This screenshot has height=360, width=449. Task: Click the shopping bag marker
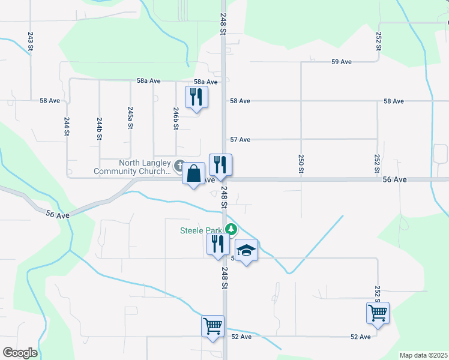coord(194,175)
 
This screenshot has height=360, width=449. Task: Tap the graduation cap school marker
coord(246,250)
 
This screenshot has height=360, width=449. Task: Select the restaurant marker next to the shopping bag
coord(220,166)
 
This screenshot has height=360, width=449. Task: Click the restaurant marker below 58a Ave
coord(196,97)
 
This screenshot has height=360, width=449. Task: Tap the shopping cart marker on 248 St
coord(213,327)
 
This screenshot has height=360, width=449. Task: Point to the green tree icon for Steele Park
coord(231,229)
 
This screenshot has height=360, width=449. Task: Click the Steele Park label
coord(202,230)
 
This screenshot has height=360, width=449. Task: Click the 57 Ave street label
coord(240,139)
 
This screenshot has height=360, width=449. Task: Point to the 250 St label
coord(300,164)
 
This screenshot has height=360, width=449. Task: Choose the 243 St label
coord(30,37)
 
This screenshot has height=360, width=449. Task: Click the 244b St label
coord(100,129)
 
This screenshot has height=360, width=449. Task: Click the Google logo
coord(20,353)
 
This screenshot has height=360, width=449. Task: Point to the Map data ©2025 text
coord(423,355)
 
